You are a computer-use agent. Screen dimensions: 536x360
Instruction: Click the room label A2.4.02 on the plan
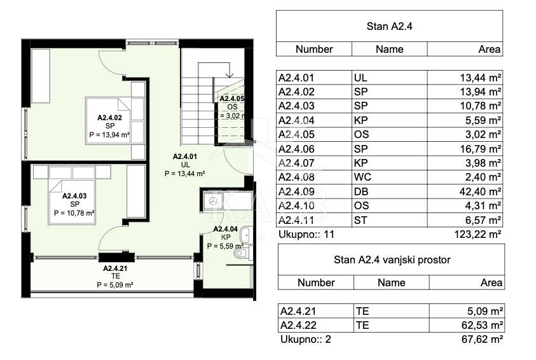pyautogui.click(x=109, y=118)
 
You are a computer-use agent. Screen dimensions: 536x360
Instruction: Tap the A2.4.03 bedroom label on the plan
pyautogui.click(x=74, y=196)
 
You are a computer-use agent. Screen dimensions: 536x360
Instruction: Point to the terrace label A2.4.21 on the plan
pyautogui.click(x=115, y=268)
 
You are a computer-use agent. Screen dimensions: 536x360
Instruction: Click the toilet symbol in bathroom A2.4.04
pyautogui.click(x=243, y=253)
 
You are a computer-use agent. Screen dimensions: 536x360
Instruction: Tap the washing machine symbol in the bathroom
pyautogui.click(x=212, y=201)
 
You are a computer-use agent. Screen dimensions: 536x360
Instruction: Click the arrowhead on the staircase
pyautogui.click(x=230, y=74)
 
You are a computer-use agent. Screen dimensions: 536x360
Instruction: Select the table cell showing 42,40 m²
pyautogui.click(x=465, y=191)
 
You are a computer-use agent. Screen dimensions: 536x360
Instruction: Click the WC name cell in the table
pyautogui.click(x=389, y=177)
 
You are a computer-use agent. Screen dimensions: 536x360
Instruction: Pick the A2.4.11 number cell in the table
pyautogui.click(x=314, y=220)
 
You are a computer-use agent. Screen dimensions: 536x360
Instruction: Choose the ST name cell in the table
pyautogui.click(x=389, y=220)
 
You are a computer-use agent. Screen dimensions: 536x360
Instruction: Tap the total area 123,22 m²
pyautogui.click(x=478, y=235)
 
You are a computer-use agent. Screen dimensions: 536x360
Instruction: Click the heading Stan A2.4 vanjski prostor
pyautogui.click(x=392, y=260)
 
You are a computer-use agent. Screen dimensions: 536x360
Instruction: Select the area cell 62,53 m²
pyautogui.click(x=467, y=325)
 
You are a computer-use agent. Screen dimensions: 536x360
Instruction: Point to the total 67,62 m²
pyautogui.click(x=482, y=340)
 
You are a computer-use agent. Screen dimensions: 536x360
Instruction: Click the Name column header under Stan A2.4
pyautogui.click(x=389, y=49)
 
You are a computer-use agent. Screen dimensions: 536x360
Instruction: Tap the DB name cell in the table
pyautogui.click(x=389, y=191)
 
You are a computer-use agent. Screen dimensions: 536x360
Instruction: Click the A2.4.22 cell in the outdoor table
pyautogui.click(x=316, y=325)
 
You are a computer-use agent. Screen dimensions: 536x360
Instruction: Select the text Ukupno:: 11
pyautogui.click(x=306, y=235)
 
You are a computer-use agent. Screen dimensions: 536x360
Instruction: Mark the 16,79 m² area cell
pyautogui.click(x=465, y=149)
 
